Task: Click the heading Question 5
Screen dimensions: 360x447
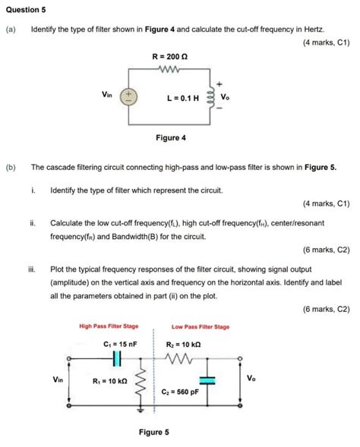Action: [x=27, y=11]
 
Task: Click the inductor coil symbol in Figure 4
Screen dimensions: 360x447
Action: [x=209, y=96]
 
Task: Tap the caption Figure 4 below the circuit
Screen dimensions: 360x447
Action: [x=170, y=138]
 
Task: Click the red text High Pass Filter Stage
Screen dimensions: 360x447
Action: [x=109, y=326]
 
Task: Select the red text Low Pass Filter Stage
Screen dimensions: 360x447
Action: [x=201, y=326]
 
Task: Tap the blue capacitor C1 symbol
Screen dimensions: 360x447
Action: [x=118, y=358]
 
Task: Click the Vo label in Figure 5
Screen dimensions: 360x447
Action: [x=251, y=377]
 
